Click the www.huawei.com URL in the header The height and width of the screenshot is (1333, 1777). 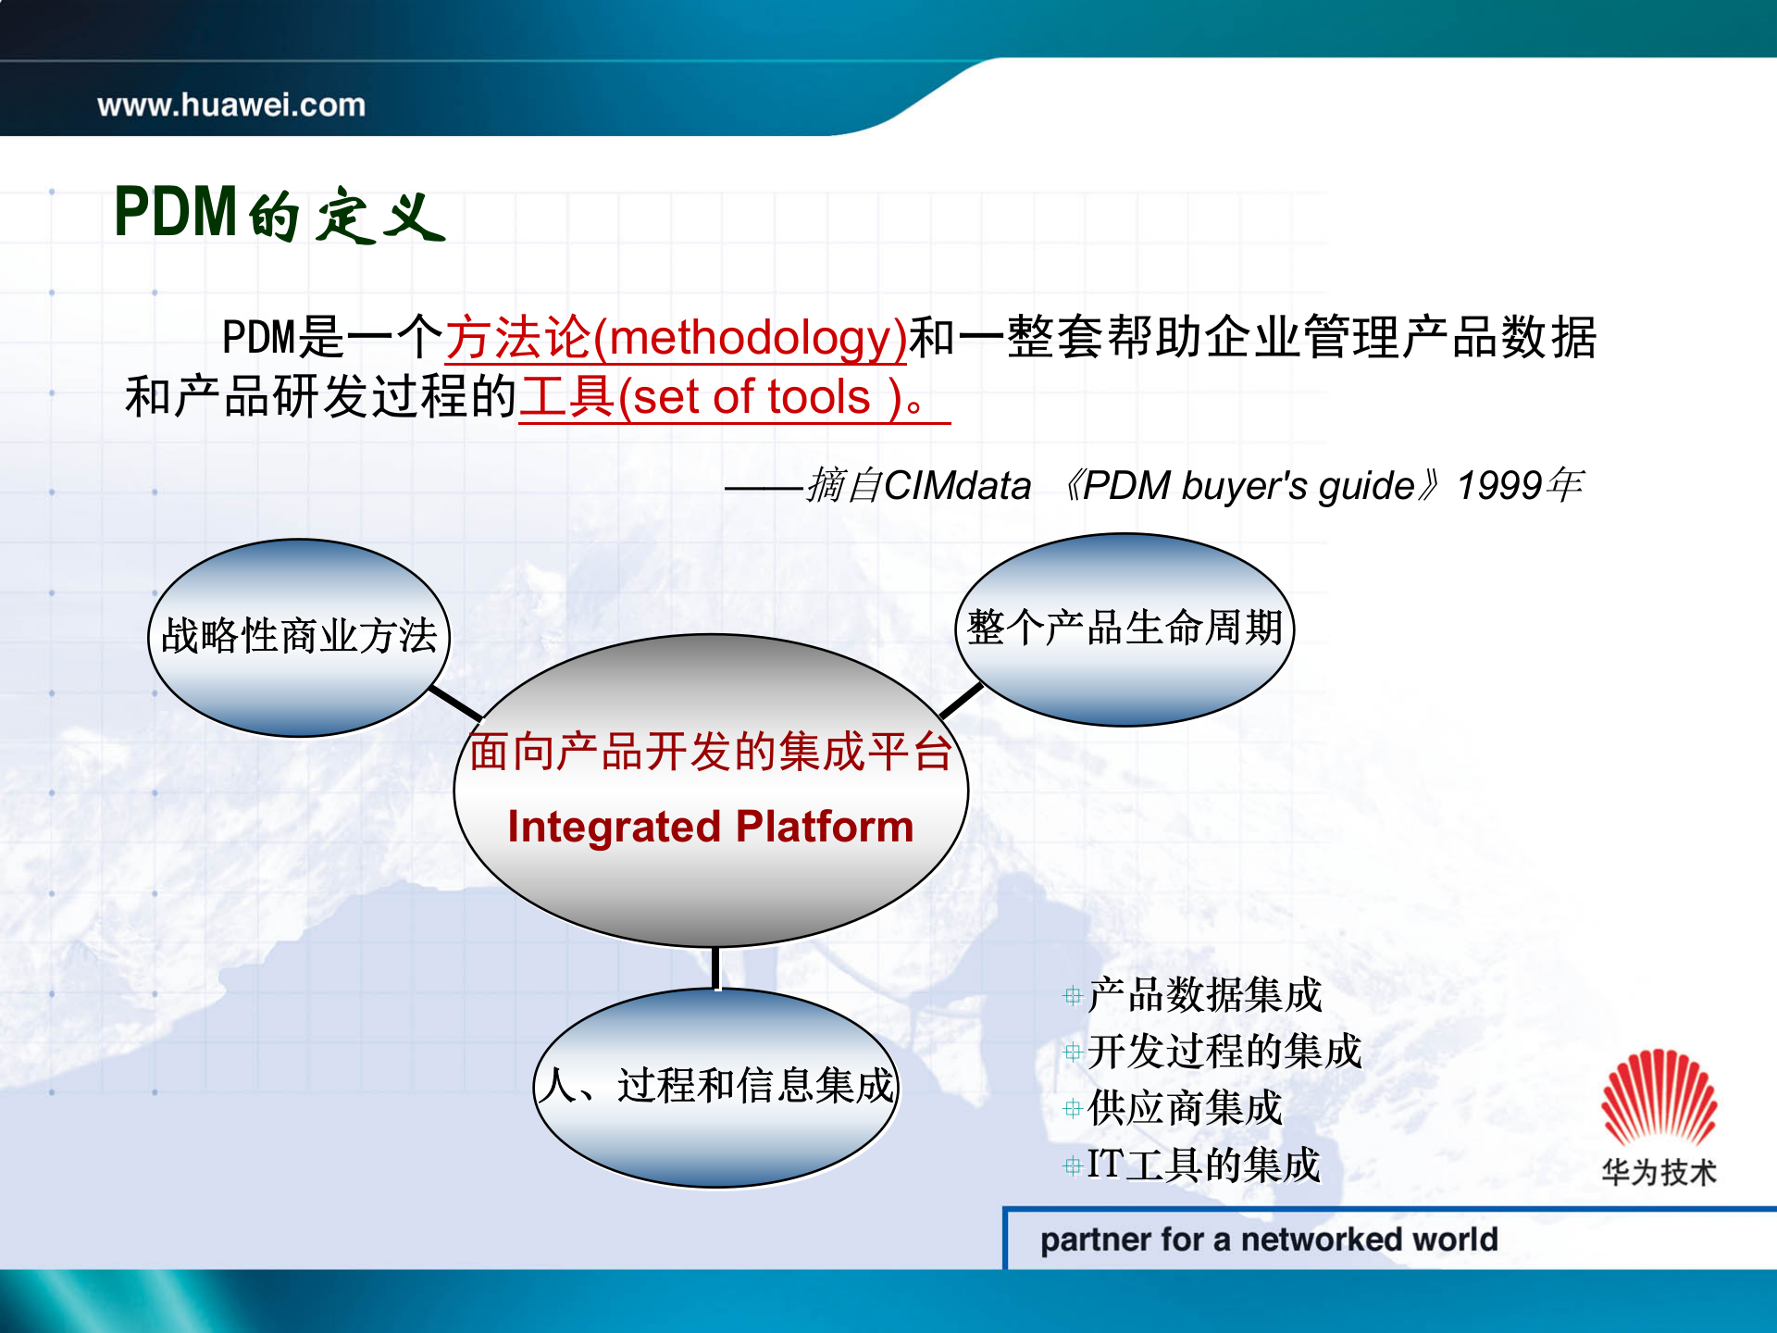[231, 105]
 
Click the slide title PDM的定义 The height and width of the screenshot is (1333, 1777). [278, 214]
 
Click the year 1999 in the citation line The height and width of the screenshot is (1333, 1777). [1498, 486]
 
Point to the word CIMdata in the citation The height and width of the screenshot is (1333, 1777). [957, 486]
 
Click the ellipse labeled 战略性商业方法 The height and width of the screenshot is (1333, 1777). [298, 637]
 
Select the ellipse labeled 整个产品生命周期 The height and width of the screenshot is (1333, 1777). [1124, 629]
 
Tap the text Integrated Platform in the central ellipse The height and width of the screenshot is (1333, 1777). [710, 827]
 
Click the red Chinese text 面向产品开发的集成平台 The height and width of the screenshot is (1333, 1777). [710, 751]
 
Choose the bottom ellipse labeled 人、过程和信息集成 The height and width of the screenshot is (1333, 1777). [716, 1086]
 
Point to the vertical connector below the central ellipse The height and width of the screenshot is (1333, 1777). [716, 968]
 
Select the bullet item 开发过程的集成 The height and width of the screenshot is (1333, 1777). [1224, 1052]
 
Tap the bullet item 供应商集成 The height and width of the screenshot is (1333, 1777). [1184, 1108]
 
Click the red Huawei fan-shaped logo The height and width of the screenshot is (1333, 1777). [1659, 1098]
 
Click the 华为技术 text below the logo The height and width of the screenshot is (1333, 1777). [1659, 1173]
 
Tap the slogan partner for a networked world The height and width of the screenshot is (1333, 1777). [1268, 1240]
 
